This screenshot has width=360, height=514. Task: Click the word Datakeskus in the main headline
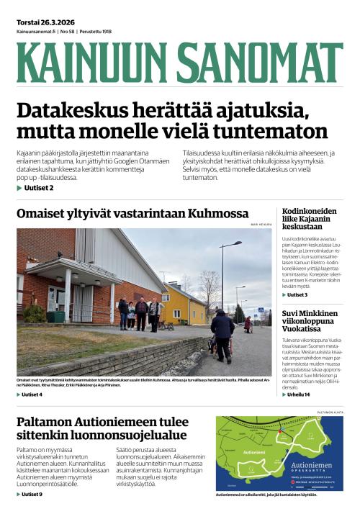(78, 112)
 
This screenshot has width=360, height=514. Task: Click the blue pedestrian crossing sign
(261, 310)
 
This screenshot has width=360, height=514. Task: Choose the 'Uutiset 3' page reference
(297, 295)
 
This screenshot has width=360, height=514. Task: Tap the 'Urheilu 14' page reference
(298, 394)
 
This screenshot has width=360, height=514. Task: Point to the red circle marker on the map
(280, 433)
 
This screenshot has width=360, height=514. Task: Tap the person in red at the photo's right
(248, 324)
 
